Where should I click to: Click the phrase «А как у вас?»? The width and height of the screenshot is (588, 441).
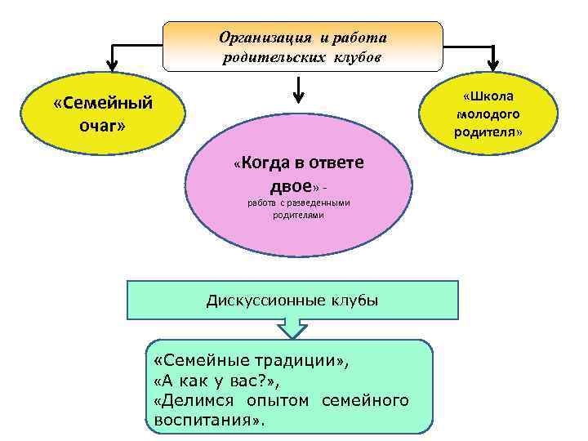point(201,380)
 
